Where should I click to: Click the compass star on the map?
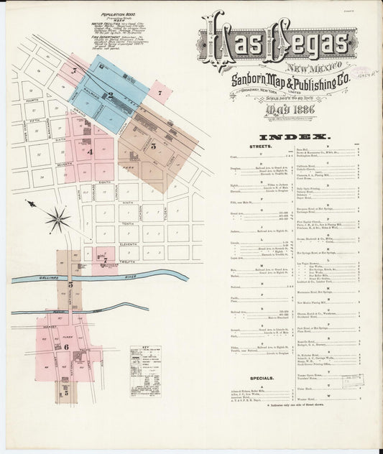tap(57, 218)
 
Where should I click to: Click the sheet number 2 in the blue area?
tap(109, 94)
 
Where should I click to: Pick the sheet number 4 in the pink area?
tap(90, 152)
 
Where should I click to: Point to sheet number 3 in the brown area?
tap(153, 146)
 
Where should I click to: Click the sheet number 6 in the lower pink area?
tap(66, 346)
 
